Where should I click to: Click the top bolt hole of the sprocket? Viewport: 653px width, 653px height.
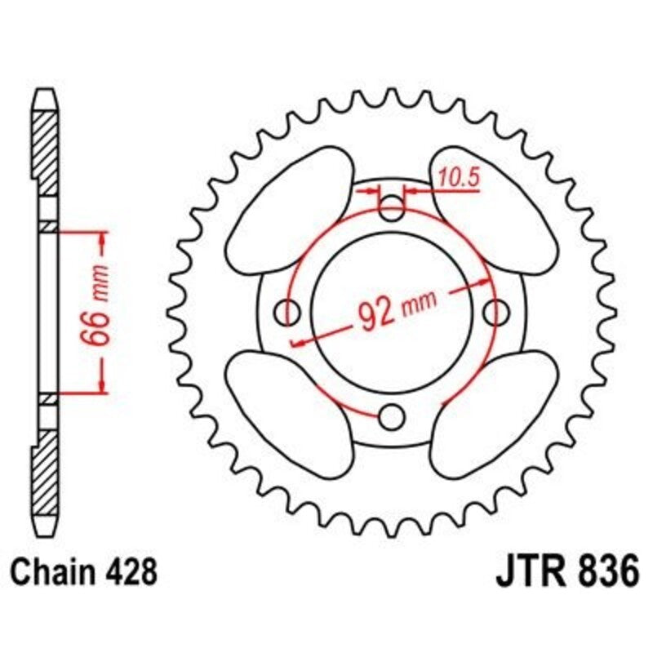(x=393, y=209)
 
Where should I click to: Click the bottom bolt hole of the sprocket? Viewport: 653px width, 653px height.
(x=393, y=417)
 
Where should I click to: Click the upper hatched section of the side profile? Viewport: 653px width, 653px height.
(x=47, y=151)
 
